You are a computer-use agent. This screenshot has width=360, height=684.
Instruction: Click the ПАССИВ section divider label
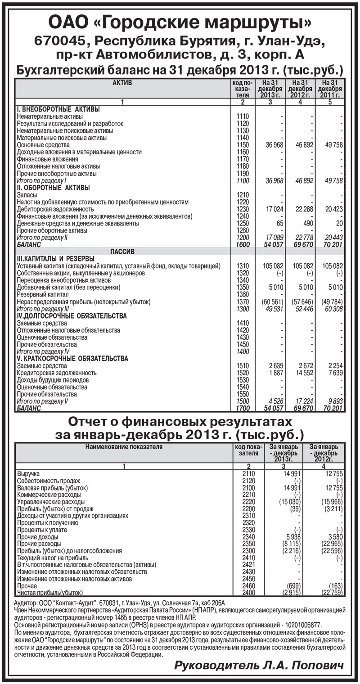click(x=122, y=251)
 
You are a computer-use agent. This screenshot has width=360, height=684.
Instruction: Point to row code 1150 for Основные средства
click(x=243, y=145)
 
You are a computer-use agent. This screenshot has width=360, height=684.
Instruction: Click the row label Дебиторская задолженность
click(x=55, y=209)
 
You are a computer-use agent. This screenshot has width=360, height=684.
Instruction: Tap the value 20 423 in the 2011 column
click(x=333, y=209)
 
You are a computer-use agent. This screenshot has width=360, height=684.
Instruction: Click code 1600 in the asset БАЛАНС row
click(x=243, y=244)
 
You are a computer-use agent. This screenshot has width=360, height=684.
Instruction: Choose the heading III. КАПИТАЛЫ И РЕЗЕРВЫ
click(x=55, y=258)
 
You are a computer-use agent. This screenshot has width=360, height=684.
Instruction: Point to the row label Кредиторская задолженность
click(x=57, y=373)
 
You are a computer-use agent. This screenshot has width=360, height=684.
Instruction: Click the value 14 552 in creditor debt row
click(x=303, y=373)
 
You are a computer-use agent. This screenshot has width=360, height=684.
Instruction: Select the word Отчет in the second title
click(x=92, y=423)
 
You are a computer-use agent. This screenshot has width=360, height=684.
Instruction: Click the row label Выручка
click(x=28, y=474)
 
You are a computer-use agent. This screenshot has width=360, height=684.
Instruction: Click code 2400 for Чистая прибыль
click(x=248, y=593)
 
